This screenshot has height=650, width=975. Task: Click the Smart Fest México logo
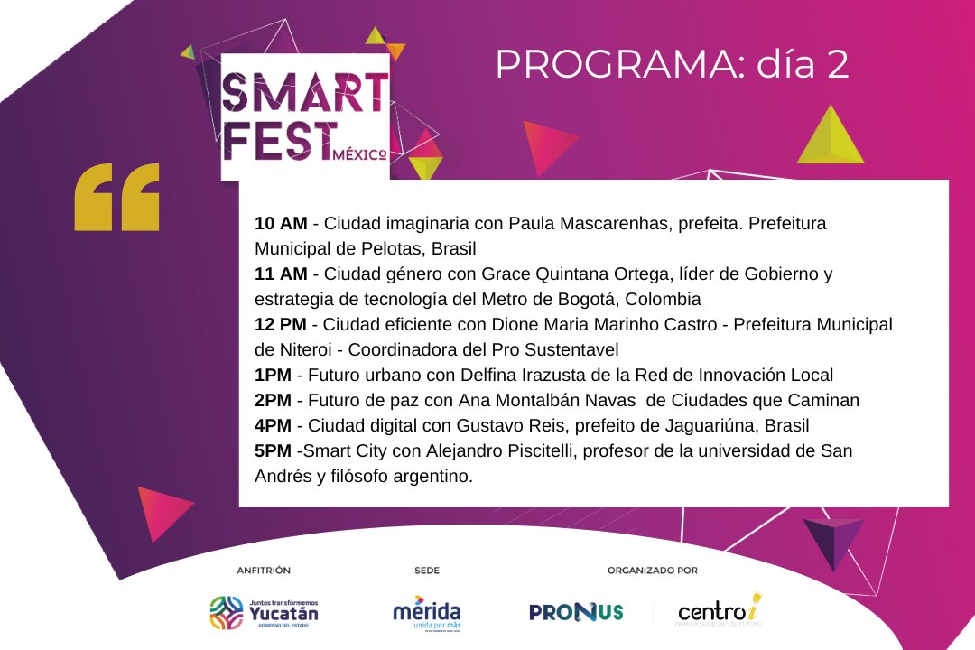305,117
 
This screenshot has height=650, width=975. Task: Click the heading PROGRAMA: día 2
672,65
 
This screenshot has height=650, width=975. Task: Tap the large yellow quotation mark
116,196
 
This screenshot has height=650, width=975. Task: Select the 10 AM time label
281,223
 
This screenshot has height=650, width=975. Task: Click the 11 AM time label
280,274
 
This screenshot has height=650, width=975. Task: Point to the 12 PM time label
281,324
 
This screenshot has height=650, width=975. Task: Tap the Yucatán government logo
264,612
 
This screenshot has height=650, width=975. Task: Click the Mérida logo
426,612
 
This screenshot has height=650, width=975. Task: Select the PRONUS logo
576,612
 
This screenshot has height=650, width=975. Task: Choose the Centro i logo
720,611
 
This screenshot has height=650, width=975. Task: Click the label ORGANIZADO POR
652,571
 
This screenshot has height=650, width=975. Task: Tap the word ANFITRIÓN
264,571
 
